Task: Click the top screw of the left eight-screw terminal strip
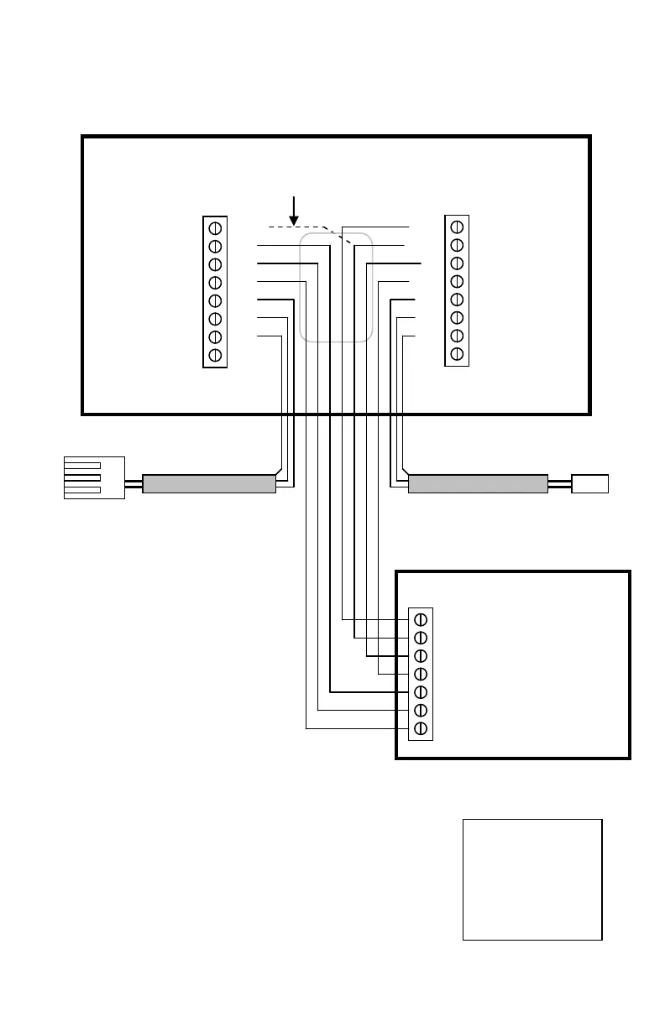[x=215, y=227]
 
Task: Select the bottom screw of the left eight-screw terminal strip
[x=215, y=355]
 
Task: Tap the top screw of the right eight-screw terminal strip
[x=457, y=227]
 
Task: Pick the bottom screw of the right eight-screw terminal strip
[x=457, y=354]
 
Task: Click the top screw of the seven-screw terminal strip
[x=421, y=619]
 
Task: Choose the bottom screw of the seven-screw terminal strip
[x=421, y=728]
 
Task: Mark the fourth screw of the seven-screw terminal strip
[x=421, y=674]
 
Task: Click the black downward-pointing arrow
[x=293, y=210]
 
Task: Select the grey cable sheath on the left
[x=209, y=483]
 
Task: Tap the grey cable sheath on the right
[x=478, y=483]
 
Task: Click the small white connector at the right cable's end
[x=589, y=483]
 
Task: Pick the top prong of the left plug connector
[x=83, y=465]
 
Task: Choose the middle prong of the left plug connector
[x=83, y=477]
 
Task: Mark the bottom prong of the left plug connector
[x=83, y=489]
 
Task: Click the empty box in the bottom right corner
[x=532, y=879]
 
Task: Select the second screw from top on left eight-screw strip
[x=215, y=246]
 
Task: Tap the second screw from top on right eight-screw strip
[x=457, y=245]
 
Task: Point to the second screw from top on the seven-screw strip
[x=421, y=638]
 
